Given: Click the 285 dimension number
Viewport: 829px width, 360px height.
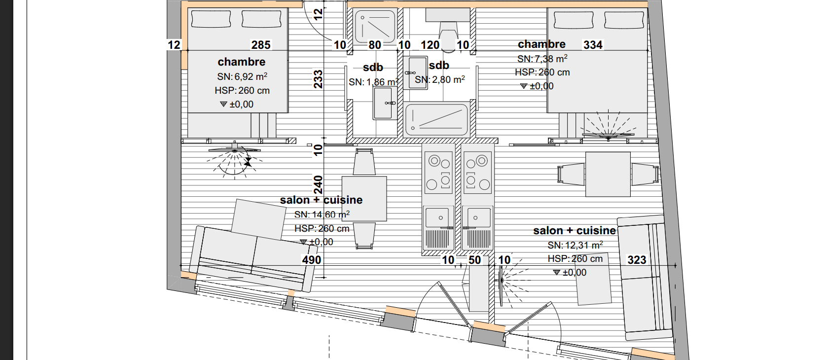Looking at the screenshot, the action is [261, 45].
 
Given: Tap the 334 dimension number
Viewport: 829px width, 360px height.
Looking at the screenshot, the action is [593, 45].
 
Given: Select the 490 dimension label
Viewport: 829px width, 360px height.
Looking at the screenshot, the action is [312, 260].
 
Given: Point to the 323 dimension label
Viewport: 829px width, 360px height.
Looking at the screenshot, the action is [637, 260].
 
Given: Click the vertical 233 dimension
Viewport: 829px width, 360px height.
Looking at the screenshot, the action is [318, 79].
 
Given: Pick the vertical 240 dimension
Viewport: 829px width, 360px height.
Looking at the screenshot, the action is [318, 184].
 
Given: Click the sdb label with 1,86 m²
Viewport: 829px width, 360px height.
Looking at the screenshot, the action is [373, 68].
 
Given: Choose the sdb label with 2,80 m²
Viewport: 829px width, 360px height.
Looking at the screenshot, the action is [439, 66].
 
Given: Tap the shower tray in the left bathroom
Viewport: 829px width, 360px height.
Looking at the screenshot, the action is [375, 27].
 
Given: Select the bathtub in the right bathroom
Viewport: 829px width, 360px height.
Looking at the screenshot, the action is [437, 120].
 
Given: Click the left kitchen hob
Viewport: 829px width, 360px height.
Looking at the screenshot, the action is [438, 173].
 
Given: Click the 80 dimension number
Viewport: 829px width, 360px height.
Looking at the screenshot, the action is [374, 45].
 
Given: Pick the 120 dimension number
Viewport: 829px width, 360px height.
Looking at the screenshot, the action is [430, 45].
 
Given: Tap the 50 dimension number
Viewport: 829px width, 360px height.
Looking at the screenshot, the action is [475, 260].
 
